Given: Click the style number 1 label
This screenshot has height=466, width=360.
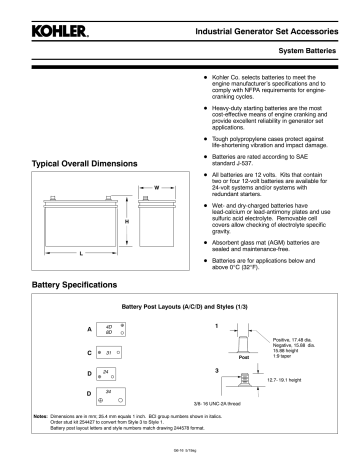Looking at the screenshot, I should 217,326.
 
